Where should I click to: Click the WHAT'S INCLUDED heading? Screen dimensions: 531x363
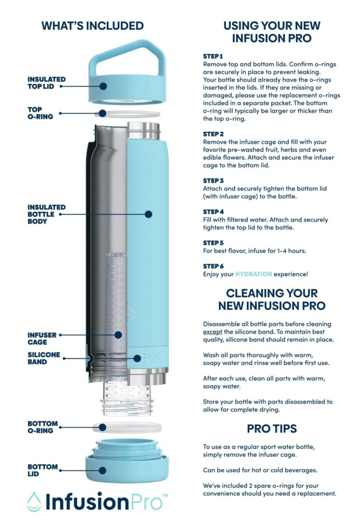[x=92, y=25]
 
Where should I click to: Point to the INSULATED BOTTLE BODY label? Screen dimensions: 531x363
[x=45, y=214]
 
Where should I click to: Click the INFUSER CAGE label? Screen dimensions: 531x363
[x=42, y=339]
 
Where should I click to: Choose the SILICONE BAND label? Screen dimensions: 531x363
[x=44, y=358]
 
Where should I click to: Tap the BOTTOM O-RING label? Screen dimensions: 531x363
[x=43, y=427]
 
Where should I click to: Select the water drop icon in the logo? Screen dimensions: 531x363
[x=34, y=501]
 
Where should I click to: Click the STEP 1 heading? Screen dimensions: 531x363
[x=213, y=56]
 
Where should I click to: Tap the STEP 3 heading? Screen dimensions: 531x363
[x=213, y=180]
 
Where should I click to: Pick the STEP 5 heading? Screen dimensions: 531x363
[x=213, y=243]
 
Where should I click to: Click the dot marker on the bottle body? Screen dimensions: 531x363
[x=148, y=214]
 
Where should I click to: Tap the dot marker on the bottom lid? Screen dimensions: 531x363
[x=103, y=470]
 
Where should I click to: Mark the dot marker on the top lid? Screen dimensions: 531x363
[x=103, y=86]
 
